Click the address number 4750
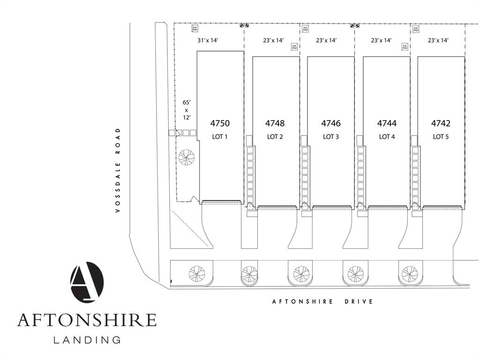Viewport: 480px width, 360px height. pos(220,124)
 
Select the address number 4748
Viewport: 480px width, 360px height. pos(275,124)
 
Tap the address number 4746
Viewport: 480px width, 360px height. pos(331,124)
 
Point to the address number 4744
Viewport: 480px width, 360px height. pos(387,124)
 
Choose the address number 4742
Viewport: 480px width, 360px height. pos(441,124)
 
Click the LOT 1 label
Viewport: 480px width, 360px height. pos(220,137)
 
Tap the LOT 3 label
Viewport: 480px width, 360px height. pos(331,137)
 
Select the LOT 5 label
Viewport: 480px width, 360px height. pos(441,137)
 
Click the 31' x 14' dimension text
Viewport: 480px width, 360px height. pos(208,41)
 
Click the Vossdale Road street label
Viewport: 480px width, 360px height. pos(118,171)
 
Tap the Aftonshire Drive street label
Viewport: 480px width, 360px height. pos(322,301)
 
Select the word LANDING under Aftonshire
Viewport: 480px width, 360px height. pos(87,339)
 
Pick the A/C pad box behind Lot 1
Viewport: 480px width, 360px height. pos(195,29)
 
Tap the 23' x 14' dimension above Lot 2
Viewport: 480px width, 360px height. pos(273,41)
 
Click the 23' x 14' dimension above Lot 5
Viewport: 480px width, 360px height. pos(438,41)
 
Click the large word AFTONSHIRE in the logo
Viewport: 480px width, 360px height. pos(87,320)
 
